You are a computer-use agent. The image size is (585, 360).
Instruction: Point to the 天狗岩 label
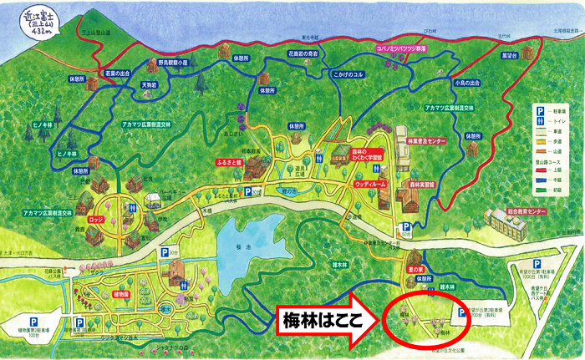pyautogui.click(x=149, y=84)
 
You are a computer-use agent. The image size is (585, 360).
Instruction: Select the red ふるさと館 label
pyautogui.click(x=229, y=163)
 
